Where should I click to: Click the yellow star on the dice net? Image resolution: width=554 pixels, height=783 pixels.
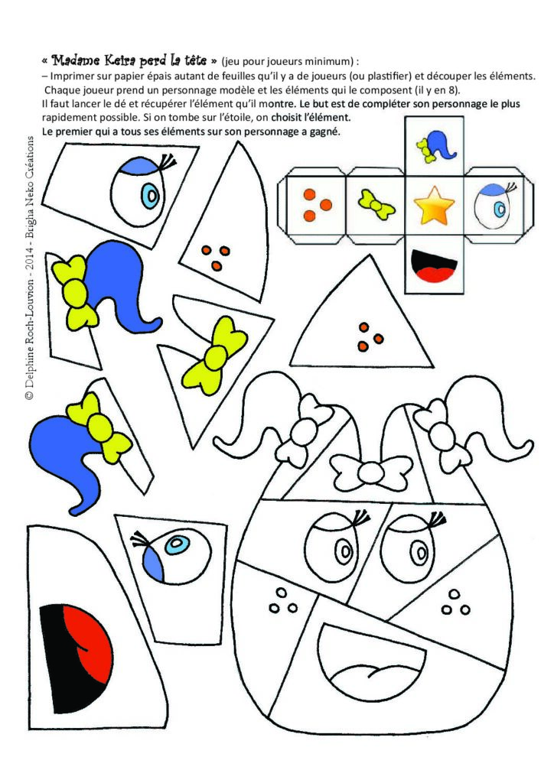(x=434, y=205)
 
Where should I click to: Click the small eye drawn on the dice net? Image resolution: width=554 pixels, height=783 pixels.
(x=493, y=205)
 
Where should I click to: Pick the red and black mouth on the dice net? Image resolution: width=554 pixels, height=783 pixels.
(x=434, y=266)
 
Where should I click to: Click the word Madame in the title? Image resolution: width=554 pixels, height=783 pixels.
(x=76, y=61)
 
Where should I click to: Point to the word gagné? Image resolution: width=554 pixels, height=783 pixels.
(x=326, y=132)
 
